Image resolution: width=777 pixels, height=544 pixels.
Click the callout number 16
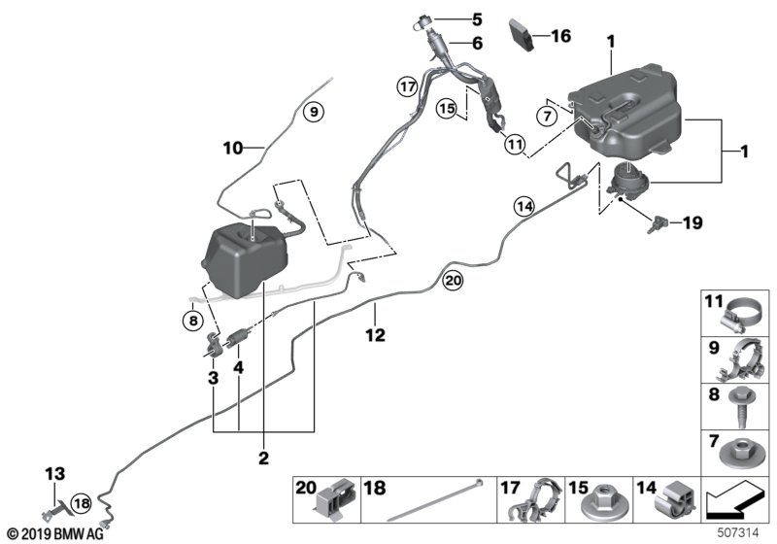click(561, 37)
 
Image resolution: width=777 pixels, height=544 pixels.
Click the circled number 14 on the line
click(524, 205)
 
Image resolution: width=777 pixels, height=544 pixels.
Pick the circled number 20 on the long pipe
click(453, 281)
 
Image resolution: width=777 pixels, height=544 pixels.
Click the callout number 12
click(375, 335)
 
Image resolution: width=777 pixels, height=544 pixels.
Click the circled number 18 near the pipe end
click(82, 503)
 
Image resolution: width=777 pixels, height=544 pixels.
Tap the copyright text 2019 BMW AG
click(58, 533)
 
